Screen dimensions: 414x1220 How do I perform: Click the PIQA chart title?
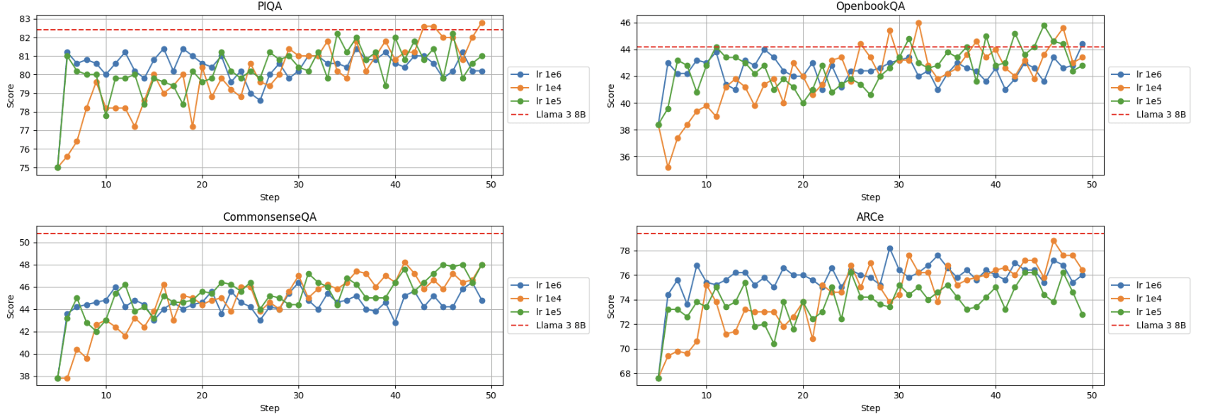[x=269, y=6]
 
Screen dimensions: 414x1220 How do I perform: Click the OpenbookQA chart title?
[x=870, y=6]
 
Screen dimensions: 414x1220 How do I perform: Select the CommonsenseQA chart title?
[x=269, y=217]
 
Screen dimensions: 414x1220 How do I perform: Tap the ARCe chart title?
[x=870, y=217]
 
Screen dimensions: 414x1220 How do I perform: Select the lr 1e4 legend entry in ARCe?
[x=1148, y=299]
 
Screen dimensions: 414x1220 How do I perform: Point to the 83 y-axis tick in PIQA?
[x=25, y=19]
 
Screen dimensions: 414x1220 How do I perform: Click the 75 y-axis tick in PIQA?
[x=25, y=168]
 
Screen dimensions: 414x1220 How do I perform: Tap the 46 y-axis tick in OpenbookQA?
[x=625, y=23]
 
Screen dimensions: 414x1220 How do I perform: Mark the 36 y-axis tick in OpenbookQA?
[x=625, y=158]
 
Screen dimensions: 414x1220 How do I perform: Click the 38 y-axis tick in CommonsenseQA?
[x=25, y=377]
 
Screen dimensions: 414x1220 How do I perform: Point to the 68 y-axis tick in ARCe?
[x=625, y=374]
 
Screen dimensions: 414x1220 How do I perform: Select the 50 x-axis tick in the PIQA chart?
[x=491, y=185]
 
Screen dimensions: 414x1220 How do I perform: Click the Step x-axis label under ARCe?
[x=870, y=408]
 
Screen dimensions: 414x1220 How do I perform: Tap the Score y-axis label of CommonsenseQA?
[x=11, y=306]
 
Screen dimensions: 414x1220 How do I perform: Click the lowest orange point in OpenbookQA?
[x=668, y=168]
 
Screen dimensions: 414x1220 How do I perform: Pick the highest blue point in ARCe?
[x=889, y=249]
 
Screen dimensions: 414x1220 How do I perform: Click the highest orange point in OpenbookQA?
[x=918, y=23]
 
